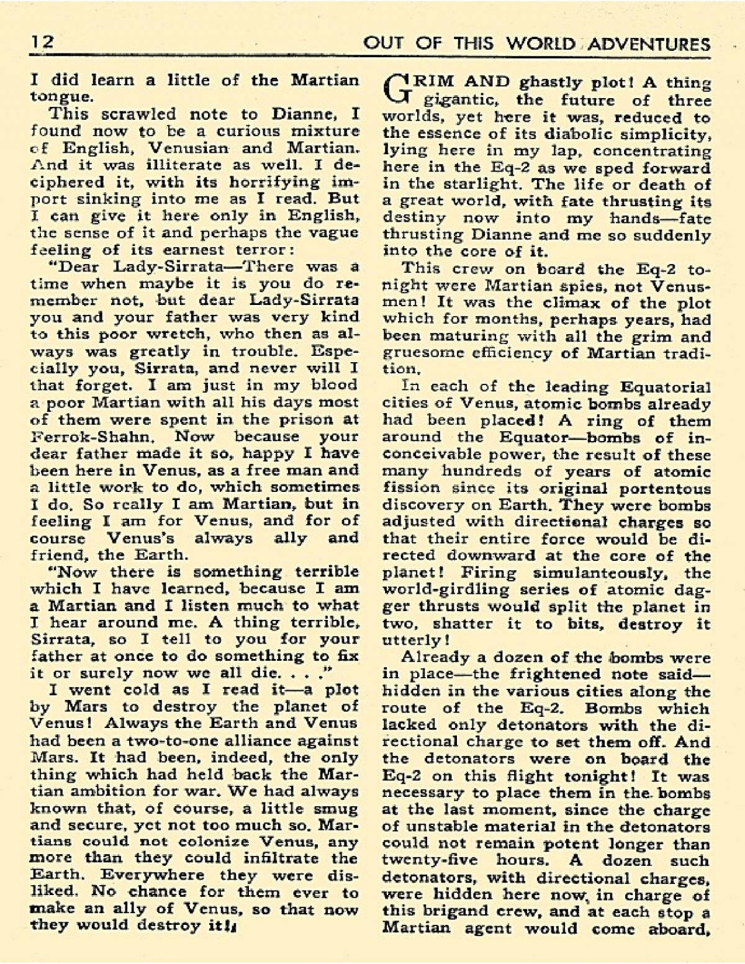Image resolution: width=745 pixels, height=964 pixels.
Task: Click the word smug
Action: click(336, 809)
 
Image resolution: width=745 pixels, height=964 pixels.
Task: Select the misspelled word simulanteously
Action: click(590, 573)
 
